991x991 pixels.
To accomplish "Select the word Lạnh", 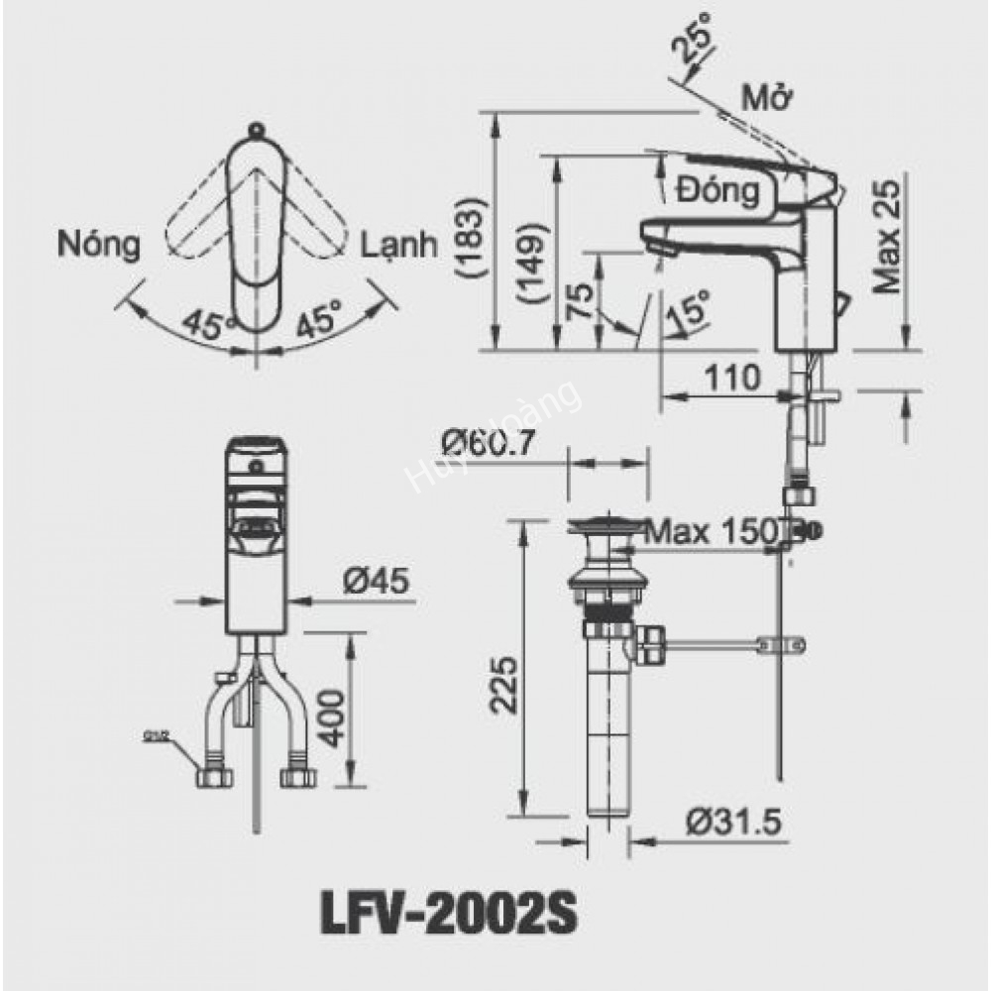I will click(399, 244).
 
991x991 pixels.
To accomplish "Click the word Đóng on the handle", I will click(718, 189).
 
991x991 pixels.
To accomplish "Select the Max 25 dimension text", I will click(888, 237).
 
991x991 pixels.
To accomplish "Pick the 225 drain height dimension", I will click(503, 686).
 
